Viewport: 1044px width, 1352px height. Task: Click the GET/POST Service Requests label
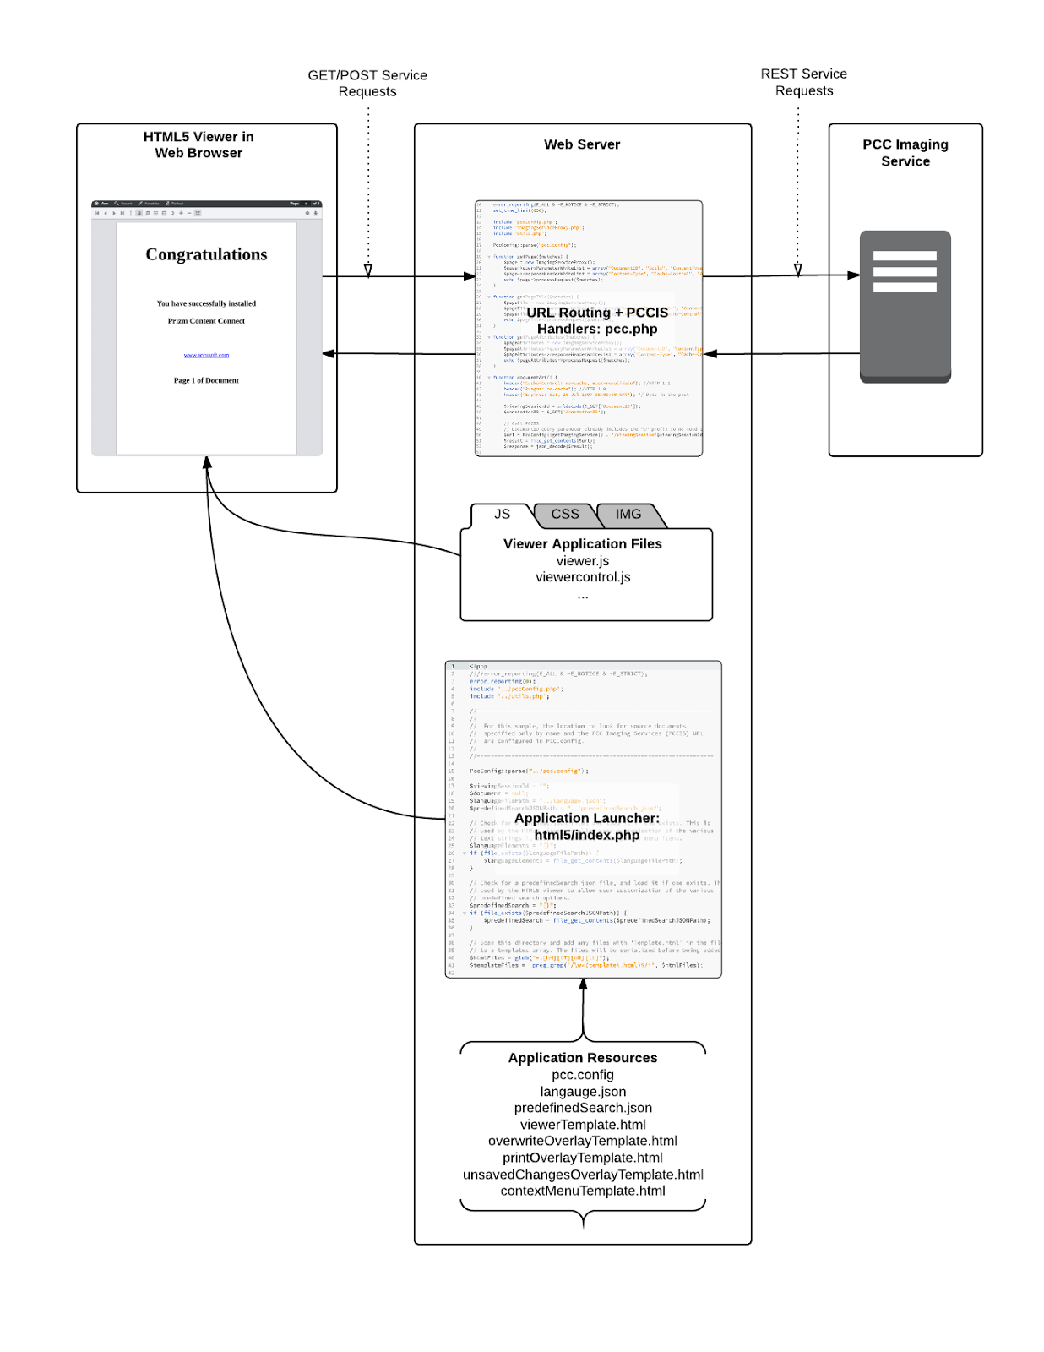click(x=367, y=84)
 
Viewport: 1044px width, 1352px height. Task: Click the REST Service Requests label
click(x=803, y=83)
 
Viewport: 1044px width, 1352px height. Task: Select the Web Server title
click(x=582, y=144)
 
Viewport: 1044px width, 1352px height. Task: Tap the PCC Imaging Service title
click(x=905, y=153)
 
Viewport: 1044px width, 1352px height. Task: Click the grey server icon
click(x=905, y=307)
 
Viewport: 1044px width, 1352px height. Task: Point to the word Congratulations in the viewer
click(x=206, y=254)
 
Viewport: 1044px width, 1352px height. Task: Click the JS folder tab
click(x=503, y=514)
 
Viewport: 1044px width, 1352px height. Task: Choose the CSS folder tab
click(x=565, y=514)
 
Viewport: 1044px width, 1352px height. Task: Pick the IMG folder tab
click(x=628, y=514)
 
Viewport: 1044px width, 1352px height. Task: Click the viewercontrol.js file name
click(x=583, y=577)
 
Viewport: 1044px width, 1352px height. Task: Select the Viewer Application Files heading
click(x=583, y=544)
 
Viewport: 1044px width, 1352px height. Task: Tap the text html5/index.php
click(x=587, y=835)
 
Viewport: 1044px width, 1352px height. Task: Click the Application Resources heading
click(x=583, y=1058)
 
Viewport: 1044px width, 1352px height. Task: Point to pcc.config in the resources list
click(x=583, y=1075)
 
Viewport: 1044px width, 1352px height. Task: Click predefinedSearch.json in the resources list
click(x=583, y=1108)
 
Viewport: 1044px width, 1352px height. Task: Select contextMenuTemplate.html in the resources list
click(x=583, y=1191)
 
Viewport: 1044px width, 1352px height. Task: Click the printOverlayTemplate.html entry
click(x=583, y=1158)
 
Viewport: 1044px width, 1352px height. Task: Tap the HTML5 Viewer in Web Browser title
click(x=198, y=144)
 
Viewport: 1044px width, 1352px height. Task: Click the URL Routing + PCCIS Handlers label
click(x=597, y=321)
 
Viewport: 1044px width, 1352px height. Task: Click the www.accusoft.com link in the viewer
click(x=206, y=355)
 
